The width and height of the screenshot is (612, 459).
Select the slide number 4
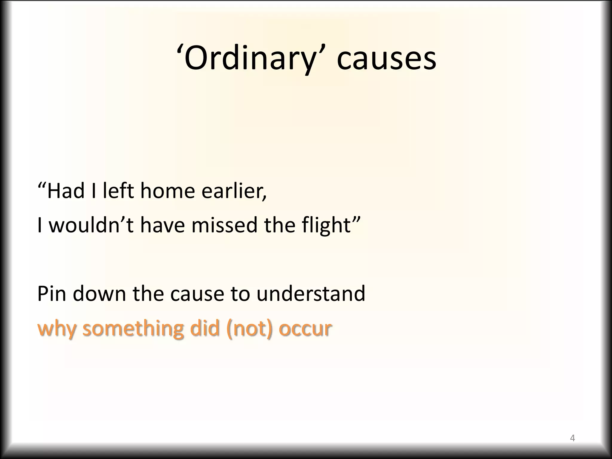tap(572, 438)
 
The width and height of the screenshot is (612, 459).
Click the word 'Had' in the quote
tap(65, 191)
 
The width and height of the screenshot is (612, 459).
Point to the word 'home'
tap(168, 191)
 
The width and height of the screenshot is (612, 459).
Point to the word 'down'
tap(100, 293)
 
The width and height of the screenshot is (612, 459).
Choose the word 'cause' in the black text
tap(197, 293)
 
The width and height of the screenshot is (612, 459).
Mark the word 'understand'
tap(311, 293)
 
